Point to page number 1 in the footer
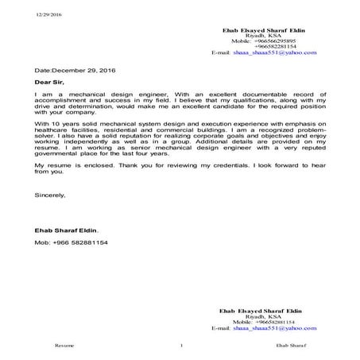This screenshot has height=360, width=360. point(182,346)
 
